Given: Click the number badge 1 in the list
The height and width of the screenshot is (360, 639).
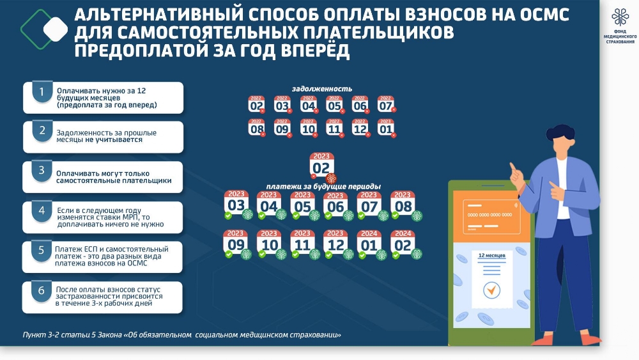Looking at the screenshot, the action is coord(42,92).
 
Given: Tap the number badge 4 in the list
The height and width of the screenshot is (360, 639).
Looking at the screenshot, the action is coord(42,211).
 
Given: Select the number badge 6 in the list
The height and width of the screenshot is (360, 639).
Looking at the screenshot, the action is coord(42,291).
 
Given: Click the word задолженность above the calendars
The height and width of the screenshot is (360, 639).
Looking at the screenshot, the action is coord(322,88).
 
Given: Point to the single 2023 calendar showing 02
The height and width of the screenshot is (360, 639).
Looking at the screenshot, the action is coord(321,165).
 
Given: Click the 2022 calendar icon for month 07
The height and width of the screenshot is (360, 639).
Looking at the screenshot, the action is coord(385,104).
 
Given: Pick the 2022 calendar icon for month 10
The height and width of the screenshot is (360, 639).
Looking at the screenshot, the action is coord(309,128).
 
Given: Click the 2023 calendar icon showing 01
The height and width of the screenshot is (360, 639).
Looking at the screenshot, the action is coord(385,128).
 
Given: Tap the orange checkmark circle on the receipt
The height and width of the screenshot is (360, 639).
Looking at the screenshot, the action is coord(491,290).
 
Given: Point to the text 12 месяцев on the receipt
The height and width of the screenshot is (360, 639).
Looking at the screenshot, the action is coord(491,256).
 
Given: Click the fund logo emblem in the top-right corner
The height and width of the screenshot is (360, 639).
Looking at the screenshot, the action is coord(620,17).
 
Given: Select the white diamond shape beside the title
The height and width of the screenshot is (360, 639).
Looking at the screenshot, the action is coord(56,29).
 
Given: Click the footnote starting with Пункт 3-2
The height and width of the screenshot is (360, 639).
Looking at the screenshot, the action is coord(181,334).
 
